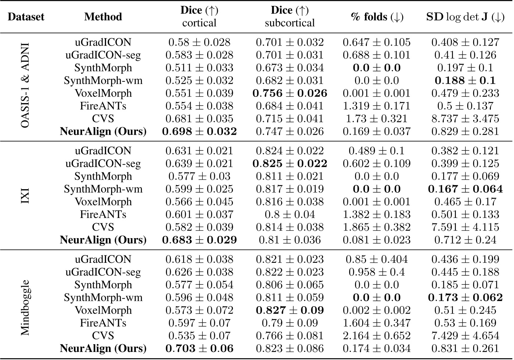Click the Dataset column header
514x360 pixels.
[x=26, y=17]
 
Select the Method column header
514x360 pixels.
[x=103, y=17]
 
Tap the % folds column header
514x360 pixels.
[x=377, y=17]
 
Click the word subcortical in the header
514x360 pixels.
[x=290, y=23]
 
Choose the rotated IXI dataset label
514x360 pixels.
[x=25, y=195]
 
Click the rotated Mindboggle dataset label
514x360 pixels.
[x=25, y=308]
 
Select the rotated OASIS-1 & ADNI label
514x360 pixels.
[x=25, y=87]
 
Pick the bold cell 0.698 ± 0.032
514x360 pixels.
[x=199, y=131]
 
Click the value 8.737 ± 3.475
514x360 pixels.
[x=465, y=119]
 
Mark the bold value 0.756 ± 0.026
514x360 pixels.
[x=290, y=93]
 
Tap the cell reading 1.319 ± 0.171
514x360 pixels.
[x=377, y=106]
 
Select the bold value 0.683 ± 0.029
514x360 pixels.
[x=199, y=240]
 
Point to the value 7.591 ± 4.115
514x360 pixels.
[x=465, y=227]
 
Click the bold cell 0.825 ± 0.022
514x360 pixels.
[x=290, y=163]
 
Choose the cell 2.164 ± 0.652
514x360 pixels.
[x=377, y=336]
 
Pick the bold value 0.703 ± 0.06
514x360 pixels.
[x=199, y=348]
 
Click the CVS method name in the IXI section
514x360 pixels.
[x=103, y=227]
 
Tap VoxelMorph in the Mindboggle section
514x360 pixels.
[x=103, y=310]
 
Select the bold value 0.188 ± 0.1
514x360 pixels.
[x=465, y=81]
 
